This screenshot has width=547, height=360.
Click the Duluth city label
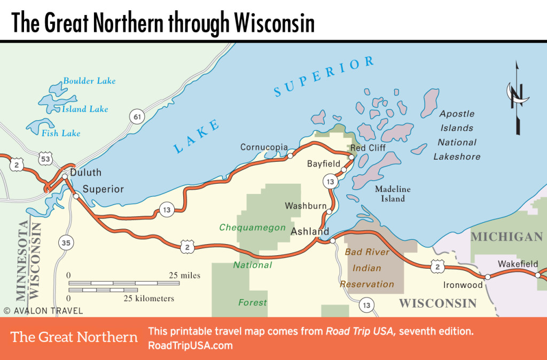pos(86,173)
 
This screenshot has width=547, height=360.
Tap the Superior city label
pos(103,189)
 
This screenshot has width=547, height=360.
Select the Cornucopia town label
pos(264,147)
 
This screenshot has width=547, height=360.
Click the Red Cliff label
pos(368,148)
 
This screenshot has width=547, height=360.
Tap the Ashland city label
pos(309,232)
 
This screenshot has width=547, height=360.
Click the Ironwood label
pos(463,285)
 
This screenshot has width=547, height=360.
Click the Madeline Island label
pos(393,194)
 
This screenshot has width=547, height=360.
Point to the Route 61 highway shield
pos(137,116)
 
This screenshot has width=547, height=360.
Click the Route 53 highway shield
pos(45,159)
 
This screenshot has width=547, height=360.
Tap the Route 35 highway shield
pos(65,243)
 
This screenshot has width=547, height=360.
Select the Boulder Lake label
pos(89,81)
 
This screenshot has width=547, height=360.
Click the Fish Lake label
pos(61,133)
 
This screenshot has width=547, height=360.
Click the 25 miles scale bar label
pos(185,276)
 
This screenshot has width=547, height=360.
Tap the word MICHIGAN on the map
pos(506,237)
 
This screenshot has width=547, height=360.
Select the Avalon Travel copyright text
pos(43,310)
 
